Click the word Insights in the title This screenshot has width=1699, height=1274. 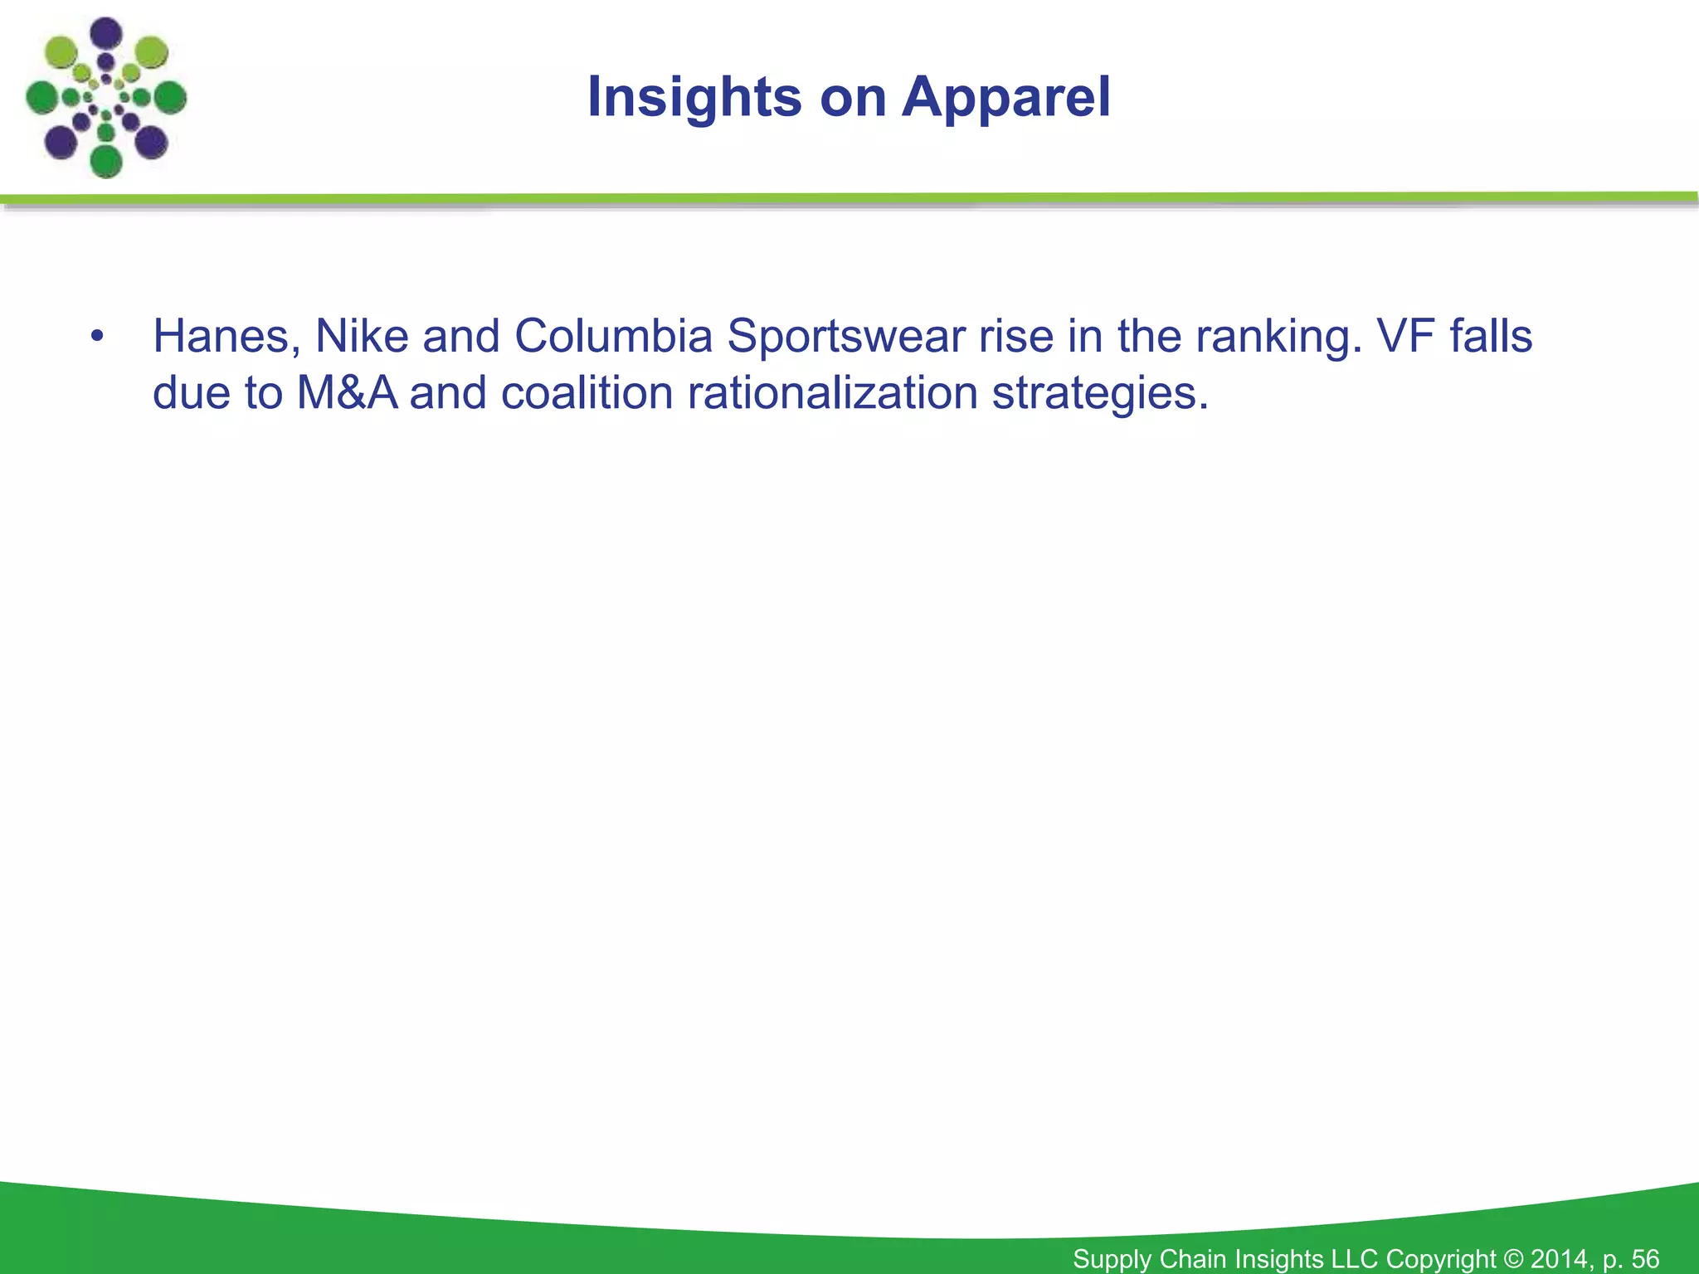click(x=694, y=98)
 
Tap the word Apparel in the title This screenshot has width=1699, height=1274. click(x=1005, y=98)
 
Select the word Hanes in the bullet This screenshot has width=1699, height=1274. click(x=221, y=337)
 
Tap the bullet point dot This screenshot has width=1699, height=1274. click(x=98, y=338)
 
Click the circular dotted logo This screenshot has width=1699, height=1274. click(x=105, y=98)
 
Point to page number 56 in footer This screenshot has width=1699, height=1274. click(x=1644, y=1258)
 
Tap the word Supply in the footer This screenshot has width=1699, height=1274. click(x=1112, y=1259)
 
